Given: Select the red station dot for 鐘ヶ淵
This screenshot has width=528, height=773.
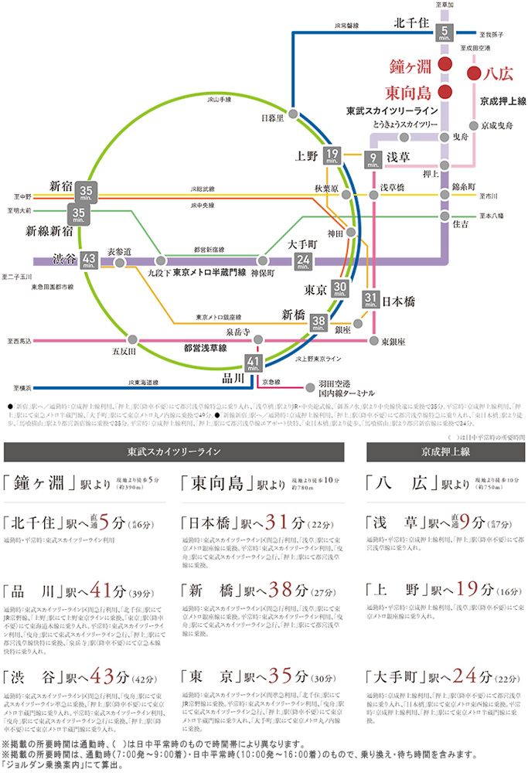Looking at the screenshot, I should tap(445, 63).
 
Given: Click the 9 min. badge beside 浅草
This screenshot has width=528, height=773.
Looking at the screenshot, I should tap(373, 159).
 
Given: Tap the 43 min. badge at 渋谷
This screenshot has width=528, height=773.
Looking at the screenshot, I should tap(89, 260).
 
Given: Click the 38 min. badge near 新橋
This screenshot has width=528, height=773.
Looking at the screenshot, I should tap(319, 323).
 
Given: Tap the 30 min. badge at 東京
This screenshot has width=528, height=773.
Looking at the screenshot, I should tap(340, 290).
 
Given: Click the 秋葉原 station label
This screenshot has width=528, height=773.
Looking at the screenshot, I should tap(327, 188).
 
